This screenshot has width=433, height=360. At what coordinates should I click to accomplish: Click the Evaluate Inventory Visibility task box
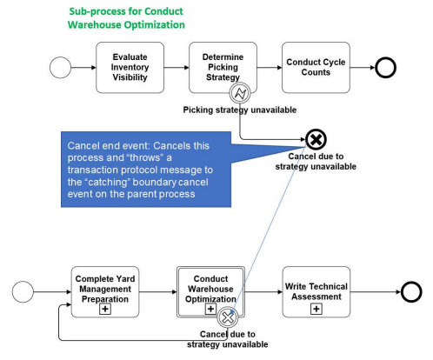tap(130, 67)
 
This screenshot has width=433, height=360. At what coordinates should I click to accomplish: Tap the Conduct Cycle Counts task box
tap(316, 67)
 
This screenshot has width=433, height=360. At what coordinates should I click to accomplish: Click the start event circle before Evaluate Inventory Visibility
tap(60, 68)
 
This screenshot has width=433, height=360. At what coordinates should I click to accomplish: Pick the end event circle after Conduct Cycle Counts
tap(386, 68)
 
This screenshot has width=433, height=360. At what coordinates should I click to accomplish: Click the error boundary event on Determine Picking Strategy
tap(240, 93)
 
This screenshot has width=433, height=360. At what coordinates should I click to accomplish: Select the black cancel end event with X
tap(316, 139)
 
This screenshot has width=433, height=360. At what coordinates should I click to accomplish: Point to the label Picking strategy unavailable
tap(240, 110)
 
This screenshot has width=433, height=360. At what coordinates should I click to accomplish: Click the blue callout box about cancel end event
tap(146, 170)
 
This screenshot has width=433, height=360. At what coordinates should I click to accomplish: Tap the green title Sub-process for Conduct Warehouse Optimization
tap(126, 18)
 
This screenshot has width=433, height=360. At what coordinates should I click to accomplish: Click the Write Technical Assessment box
tap(316, 292)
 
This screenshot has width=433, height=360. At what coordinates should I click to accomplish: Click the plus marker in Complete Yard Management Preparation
tap(105, 309)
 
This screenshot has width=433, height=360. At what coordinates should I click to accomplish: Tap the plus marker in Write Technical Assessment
tap(316, 309)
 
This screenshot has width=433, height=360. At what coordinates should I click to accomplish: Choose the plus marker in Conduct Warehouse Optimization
tap(210, 309)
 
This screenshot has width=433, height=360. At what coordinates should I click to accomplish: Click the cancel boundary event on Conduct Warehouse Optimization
tap(228, 317)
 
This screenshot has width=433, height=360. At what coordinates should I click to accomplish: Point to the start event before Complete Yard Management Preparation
tap(23, 292)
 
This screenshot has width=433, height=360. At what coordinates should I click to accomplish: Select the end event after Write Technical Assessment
tap(411, 292)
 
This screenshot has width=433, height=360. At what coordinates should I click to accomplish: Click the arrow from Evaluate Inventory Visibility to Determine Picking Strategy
tap(177, 68)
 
